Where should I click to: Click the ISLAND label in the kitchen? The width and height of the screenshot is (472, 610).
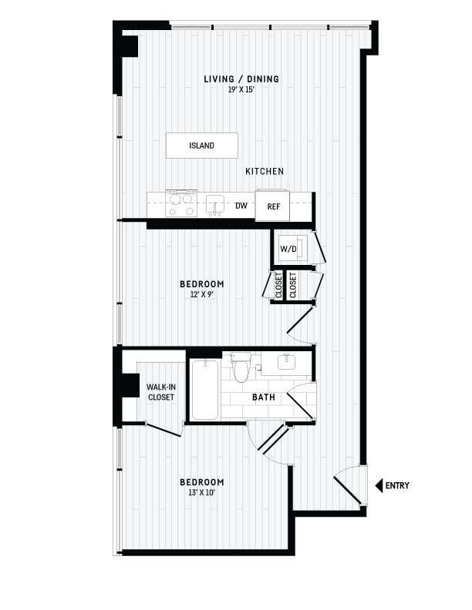pyautogui.click(x=202, y=146)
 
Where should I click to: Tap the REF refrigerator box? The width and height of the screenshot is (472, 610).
pyautogui.click(x=272, y=206)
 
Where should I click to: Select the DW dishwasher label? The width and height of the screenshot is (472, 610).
pyautogui.click(x=241, y=206)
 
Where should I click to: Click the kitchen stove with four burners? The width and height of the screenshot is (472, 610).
pyautogui.click(x=181, y=203)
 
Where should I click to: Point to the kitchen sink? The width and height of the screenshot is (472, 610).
pyautogui.click(x=215, y=205)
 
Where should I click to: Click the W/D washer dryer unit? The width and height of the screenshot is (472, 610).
pyautogui.click(x=293, y=248)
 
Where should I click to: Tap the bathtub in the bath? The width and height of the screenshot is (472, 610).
pyautogui.click(x=205, y=390)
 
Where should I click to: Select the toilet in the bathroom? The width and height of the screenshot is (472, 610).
pyautogui.click(x=241, y=367)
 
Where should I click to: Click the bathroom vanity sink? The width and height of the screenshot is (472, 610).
pyautogui.click(x=287, y=363)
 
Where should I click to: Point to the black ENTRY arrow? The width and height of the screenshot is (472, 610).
pyautogui.click(x=379, y=485)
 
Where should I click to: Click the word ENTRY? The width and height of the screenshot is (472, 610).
pyautogui.click(x=397, y=485)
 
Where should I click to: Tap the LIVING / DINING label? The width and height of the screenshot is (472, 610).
pyautogui.click(x=241, y=79)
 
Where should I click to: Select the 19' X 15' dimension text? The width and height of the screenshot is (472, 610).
pyautogui.click(x=241, y=89)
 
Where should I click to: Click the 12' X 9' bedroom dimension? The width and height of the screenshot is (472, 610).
pyautogui.click(x=202, y=294)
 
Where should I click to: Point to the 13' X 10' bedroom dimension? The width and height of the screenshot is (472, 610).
pyautogui.click(x=202, y=493)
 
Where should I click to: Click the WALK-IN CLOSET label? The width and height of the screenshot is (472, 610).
pyautogui.click(x=161, y=392)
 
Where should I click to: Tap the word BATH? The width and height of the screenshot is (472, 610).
pyautogui.click(x=264, y=397)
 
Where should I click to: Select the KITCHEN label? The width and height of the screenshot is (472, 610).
pyautogui.click(x=265, y=171)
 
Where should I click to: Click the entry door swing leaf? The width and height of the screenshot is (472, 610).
pyautogui.click(x=348, y=490)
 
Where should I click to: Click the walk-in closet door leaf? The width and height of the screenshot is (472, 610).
pyautogui.click(x=164, y=430)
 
